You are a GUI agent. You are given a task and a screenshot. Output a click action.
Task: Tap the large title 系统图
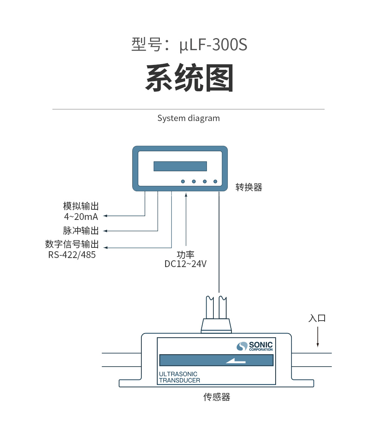[189, 78]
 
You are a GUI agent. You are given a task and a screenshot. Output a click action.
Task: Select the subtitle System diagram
[188, 118]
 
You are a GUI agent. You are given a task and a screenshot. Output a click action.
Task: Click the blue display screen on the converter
[180, 166]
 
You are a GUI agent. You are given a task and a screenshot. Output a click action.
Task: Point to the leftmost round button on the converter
[183, 181]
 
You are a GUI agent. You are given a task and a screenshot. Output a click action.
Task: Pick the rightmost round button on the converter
[215, 181]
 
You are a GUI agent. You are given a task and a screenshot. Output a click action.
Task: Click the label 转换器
[249, 187]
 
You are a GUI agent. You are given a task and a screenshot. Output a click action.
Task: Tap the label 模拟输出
[81, 206]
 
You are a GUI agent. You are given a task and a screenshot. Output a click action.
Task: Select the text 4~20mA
[81, 217]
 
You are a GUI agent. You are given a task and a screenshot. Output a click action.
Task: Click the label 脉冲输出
[81, 230]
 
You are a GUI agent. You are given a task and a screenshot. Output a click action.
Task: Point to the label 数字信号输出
[72, 244]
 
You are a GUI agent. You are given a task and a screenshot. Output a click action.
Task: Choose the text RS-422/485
[72, 255]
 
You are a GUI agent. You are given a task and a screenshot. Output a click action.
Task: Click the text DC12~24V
[185, 264]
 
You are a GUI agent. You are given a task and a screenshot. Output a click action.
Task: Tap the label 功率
[185, 254]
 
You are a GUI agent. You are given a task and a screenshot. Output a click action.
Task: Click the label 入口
[317, 318]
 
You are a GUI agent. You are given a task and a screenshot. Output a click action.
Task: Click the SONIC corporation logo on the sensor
[255, 346]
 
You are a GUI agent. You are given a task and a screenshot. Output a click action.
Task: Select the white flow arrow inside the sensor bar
[236, 361]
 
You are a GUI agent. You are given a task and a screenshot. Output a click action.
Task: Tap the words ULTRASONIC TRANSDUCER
[179, 377]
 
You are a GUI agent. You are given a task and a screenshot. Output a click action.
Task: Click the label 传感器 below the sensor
[217, 397]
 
